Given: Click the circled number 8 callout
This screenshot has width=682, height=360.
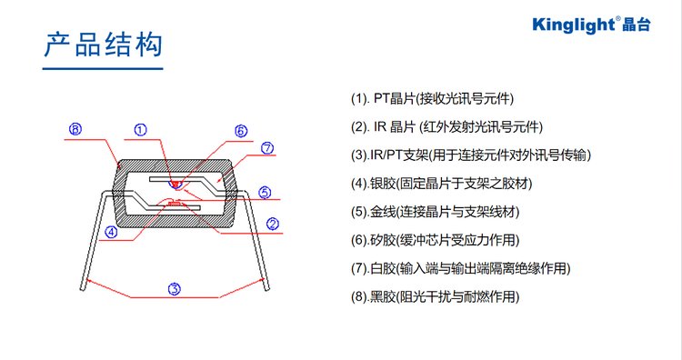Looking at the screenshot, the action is click(x=75, y=129).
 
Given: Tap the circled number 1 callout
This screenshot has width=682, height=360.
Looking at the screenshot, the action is click(x=140, y=130).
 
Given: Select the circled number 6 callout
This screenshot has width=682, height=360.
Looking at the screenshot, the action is click(x=241, y=131).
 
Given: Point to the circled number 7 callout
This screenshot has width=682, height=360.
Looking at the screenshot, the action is click(x=267, y=148).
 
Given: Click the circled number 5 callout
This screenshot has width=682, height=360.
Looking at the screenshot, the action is click(x=265, y=192).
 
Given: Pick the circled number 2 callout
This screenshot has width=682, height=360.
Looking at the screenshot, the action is click(x=272, y=224).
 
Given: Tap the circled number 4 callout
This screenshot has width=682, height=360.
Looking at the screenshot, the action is click(x=111, y=232).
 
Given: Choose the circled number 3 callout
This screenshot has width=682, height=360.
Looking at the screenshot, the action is click(x=175, y=289).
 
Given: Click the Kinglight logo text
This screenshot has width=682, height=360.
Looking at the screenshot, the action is click(x=592, y=25).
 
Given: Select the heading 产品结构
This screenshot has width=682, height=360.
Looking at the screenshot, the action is click(x=103, y=45).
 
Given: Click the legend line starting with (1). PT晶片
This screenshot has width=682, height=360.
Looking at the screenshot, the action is click(x=432, y=99).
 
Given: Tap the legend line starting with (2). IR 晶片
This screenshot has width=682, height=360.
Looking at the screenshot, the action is click(x=446, y=127).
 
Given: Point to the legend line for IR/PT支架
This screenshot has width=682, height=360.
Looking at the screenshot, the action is click(x=471, y=155).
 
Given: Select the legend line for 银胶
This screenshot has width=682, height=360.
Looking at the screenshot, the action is click(x=441, y=184).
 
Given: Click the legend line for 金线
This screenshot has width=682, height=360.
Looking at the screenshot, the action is click(x=435, y=212).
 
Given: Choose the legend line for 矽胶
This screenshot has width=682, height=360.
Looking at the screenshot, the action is click(x=435, y=240).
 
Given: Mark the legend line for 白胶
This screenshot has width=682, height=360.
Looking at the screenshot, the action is click(x=461, y=268).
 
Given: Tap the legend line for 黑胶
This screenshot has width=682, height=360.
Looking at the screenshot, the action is click(x=435, y=297).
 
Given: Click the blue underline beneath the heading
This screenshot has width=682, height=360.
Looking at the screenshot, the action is click(x=103, y=68).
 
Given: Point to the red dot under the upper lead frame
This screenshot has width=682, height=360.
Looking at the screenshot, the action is click(x=176, y=185).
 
